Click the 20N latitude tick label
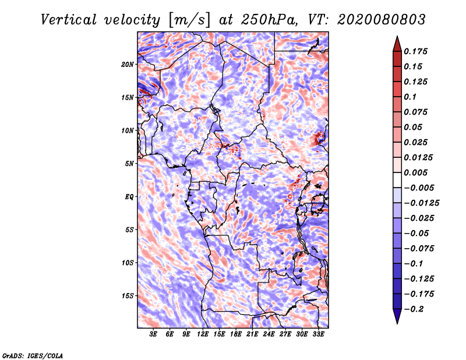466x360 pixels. pos(128,64)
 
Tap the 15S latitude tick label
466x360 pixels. pos(128,296)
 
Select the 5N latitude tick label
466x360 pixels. pos(129,164)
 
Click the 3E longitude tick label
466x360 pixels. pos(154,334)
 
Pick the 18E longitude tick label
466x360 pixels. pos(236,334)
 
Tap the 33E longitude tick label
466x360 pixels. pos(318,334)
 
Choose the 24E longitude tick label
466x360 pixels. pos(269,334)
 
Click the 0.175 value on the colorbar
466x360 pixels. pos(416,51)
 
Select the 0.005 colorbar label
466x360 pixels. pos(416,172)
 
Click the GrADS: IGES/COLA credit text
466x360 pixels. pos(32,354)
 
